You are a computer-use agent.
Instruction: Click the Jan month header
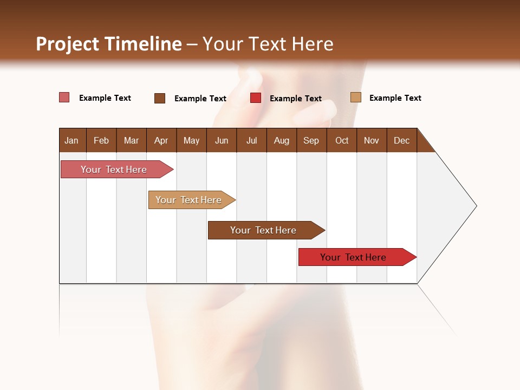pyautogui.click(x=71, y=140)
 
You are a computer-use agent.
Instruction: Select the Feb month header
pyautogui.click(x=101, y=140)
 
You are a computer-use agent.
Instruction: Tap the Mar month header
pyautogui.click(x=131, y=140)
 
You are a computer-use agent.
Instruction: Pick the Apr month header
pyautogui.click(x=161, y=140)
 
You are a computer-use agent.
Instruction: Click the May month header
pyautogui.click(x=191, y=140)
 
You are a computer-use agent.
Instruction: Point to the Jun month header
pyautogui.click(x=222, y=140)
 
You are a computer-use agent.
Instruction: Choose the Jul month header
pyautogui.click(x=251, y=140)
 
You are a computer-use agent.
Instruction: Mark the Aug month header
pyautogui.click(x=281, y=140)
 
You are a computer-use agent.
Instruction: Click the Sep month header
pyautogui.click(x=311, y=140)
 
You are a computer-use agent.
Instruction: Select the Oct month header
pyautogui.click(x=342, y=140)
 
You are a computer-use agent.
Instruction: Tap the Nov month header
pyautogui.click(x=371, y=140)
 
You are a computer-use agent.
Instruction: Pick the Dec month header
pyautogui.click(x=401, y=140)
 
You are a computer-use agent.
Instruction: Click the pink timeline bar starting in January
pyautogui.click(x=114, y=170)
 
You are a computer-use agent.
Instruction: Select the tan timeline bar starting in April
pyautogui.click(x=188, y=200)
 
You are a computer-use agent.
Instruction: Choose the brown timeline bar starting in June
pyautogui.click(x=263, y=230)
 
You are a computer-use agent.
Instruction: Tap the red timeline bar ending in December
pyautogui.click(x=353, y=257)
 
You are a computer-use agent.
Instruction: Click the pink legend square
pyautogui.click(x=64, y=97)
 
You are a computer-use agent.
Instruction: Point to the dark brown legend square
pyautogui.click(x=160, y=98)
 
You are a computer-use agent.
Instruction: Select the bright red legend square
pyautogui.click(x=256, y=98)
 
